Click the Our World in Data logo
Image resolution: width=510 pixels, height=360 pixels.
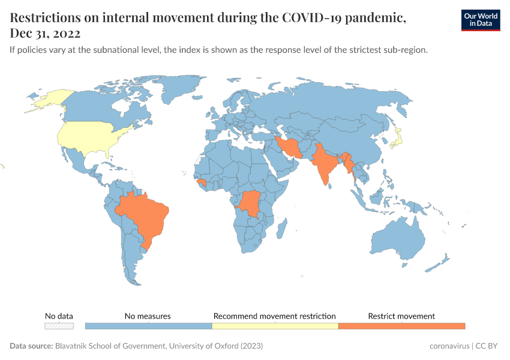click(x=480, y=20)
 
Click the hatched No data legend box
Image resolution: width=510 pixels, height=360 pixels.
click(x=59, y=326)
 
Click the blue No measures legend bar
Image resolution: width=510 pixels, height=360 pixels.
click(x=148, y=326)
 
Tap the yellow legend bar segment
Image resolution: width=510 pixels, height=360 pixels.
click(x=275, y=326)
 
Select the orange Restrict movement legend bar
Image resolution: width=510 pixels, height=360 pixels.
click(x=401, y=326)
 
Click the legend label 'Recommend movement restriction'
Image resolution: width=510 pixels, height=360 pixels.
click(x=275, y=316)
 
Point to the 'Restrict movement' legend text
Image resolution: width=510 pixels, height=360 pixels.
click(x=401, y=316)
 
